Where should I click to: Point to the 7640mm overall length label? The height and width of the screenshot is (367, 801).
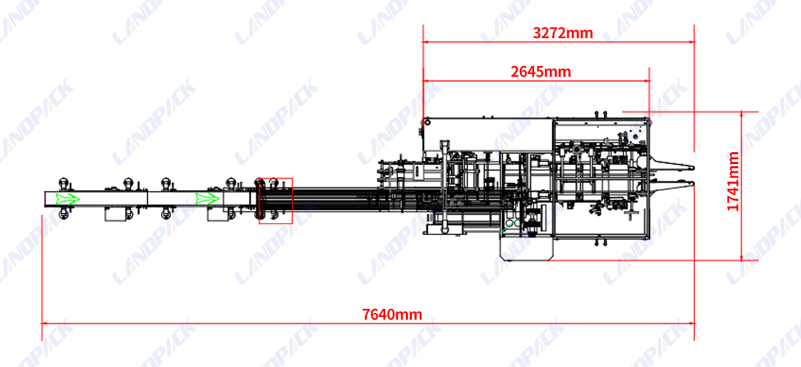[x=392, y=314]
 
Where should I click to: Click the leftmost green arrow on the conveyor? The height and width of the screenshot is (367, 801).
[x=67, y=199]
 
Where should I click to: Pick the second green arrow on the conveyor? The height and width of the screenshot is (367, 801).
[x=207, y=199]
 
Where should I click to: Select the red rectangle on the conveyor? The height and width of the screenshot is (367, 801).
[x=276, y=200]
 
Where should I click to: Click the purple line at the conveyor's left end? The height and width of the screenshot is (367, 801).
[x=45, y=199]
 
